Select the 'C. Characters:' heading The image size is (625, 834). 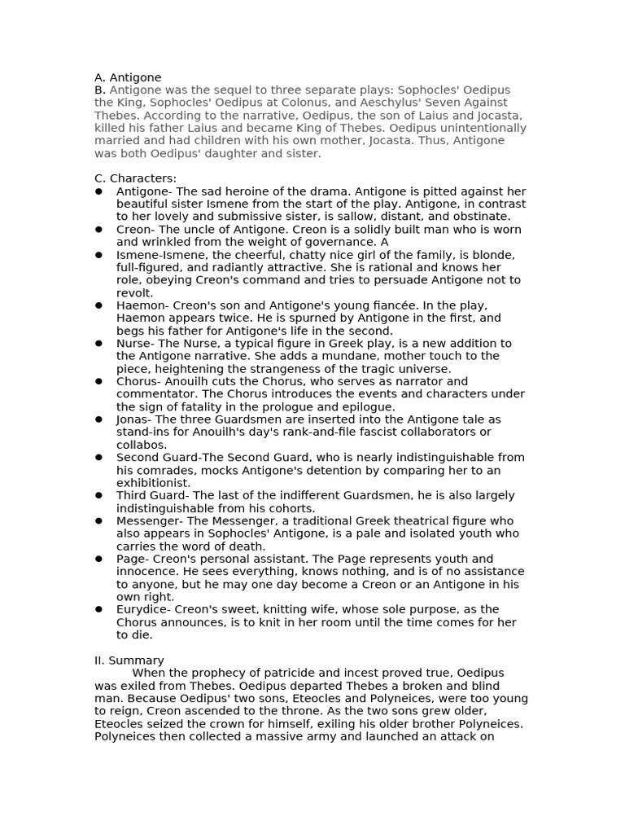pyautogui.click(x=135, y=178)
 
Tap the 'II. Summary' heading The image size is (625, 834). pyautogui.click(x=129, y=661)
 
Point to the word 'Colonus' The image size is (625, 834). pyautogui.click(x=317, y=103)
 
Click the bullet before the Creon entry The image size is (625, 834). pyautogui.click(x=98, y=230)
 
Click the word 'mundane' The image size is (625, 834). pyautogui.click(x=285, y=356)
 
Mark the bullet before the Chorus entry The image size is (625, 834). pyautogui.click(x=98, y=381)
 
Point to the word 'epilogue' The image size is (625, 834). pyautogui.click(x=366, y=406)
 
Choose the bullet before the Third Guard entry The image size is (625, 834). pyautogui.click(x=98, y=495)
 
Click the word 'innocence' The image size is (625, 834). pyautogui.click(x=144, y=572)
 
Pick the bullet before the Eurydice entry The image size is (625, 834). pyautogui.click(x=98, y=609)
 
